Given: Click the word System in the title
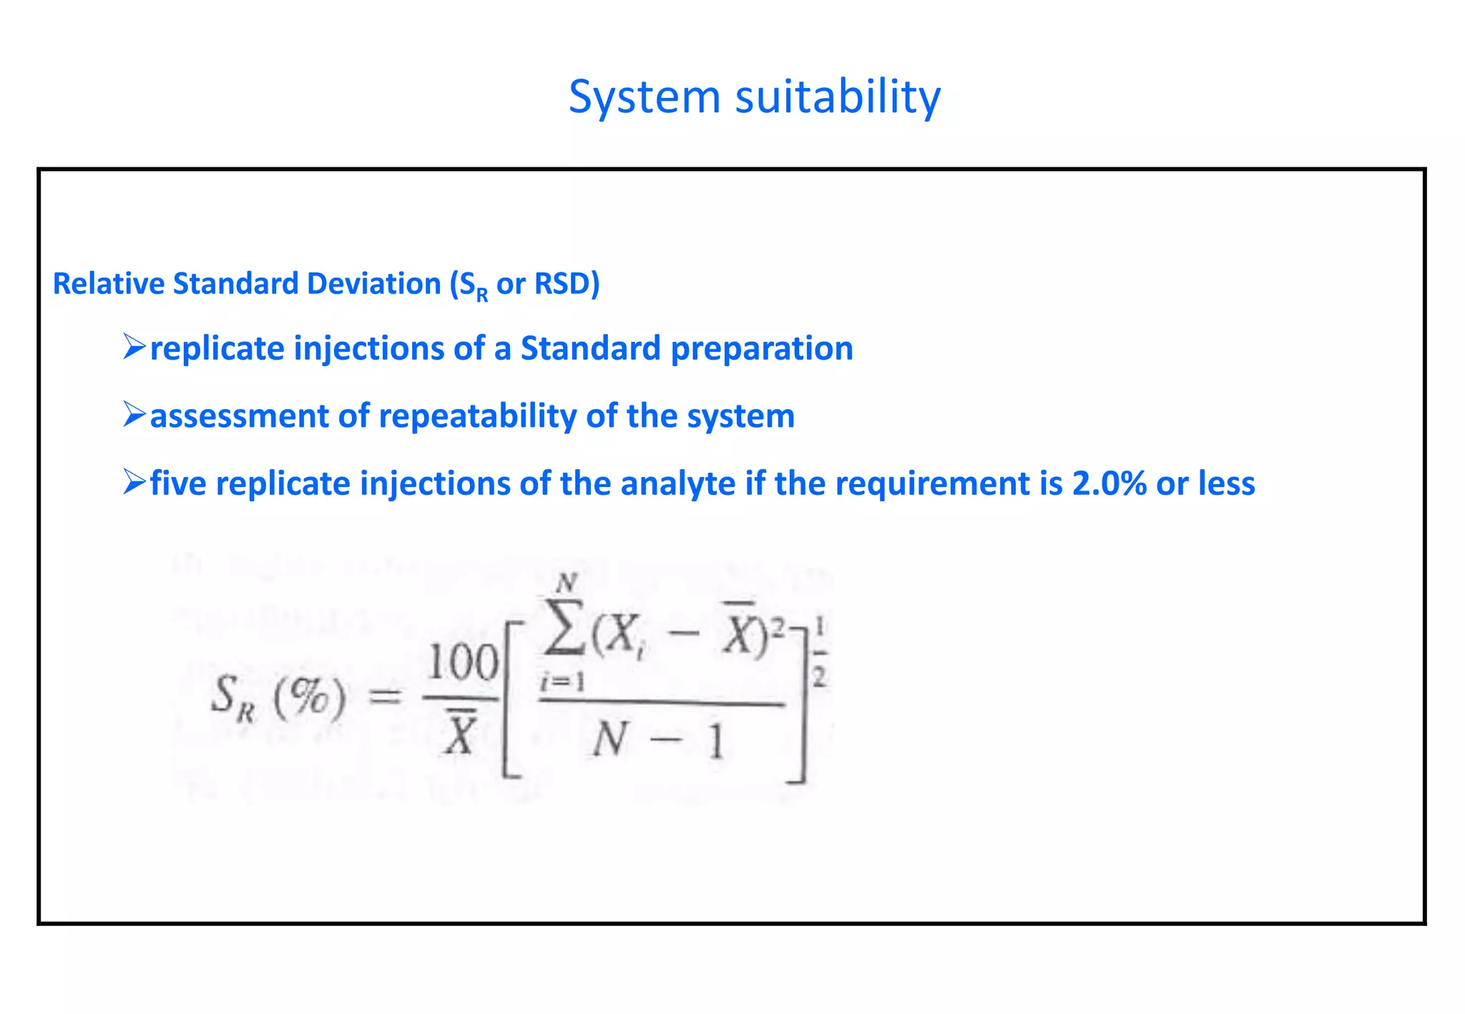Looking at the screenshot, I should coord(644,97).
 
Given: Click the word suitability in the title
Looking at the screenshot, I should coord(838,97).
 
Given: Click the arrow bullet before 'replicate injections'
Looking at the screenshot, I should coord(134,347).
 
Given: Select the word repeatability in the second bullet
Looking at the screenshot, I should coord(477,416).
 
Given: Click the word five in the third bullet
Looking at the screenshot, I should coord(178,484).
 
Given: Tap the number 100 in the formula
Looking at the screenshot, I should coord(462,664).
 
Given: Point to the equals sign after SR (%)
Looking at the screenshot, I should coord(386,694).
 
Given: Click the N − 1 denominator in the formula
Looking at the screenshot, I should coord(659,741).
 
